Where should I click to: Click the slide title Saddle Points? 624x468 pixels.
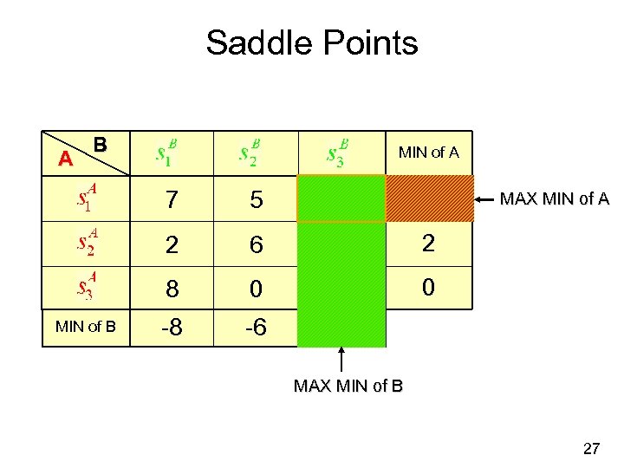click(x=312, y=42)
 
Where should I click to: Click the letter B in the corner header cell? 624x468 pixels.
click(x=101, y=145)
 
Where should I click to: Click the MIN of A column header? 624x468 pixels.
click(x=428, y=153)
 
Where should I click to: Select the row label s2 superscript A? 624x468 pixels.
click(x=85, y=244)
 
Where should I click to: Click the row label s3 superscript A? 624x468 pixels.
click(x=85, y=288)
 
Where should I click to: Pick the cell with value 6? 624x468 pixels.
click(x=256, y=246)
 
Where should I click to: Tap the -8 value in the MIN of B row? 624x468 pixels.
click(x=172, y=328)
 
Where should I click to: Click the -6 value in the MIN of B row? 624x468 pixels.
click(x=256, y=328)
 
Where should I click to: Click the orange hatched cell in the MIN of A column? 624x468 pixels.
click(x=430, y=199)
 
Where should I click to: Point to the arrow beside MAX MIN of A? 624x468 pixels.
click(x=486, y=199)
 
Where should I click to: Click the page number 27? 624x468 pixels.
click(x=591, y=448)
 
